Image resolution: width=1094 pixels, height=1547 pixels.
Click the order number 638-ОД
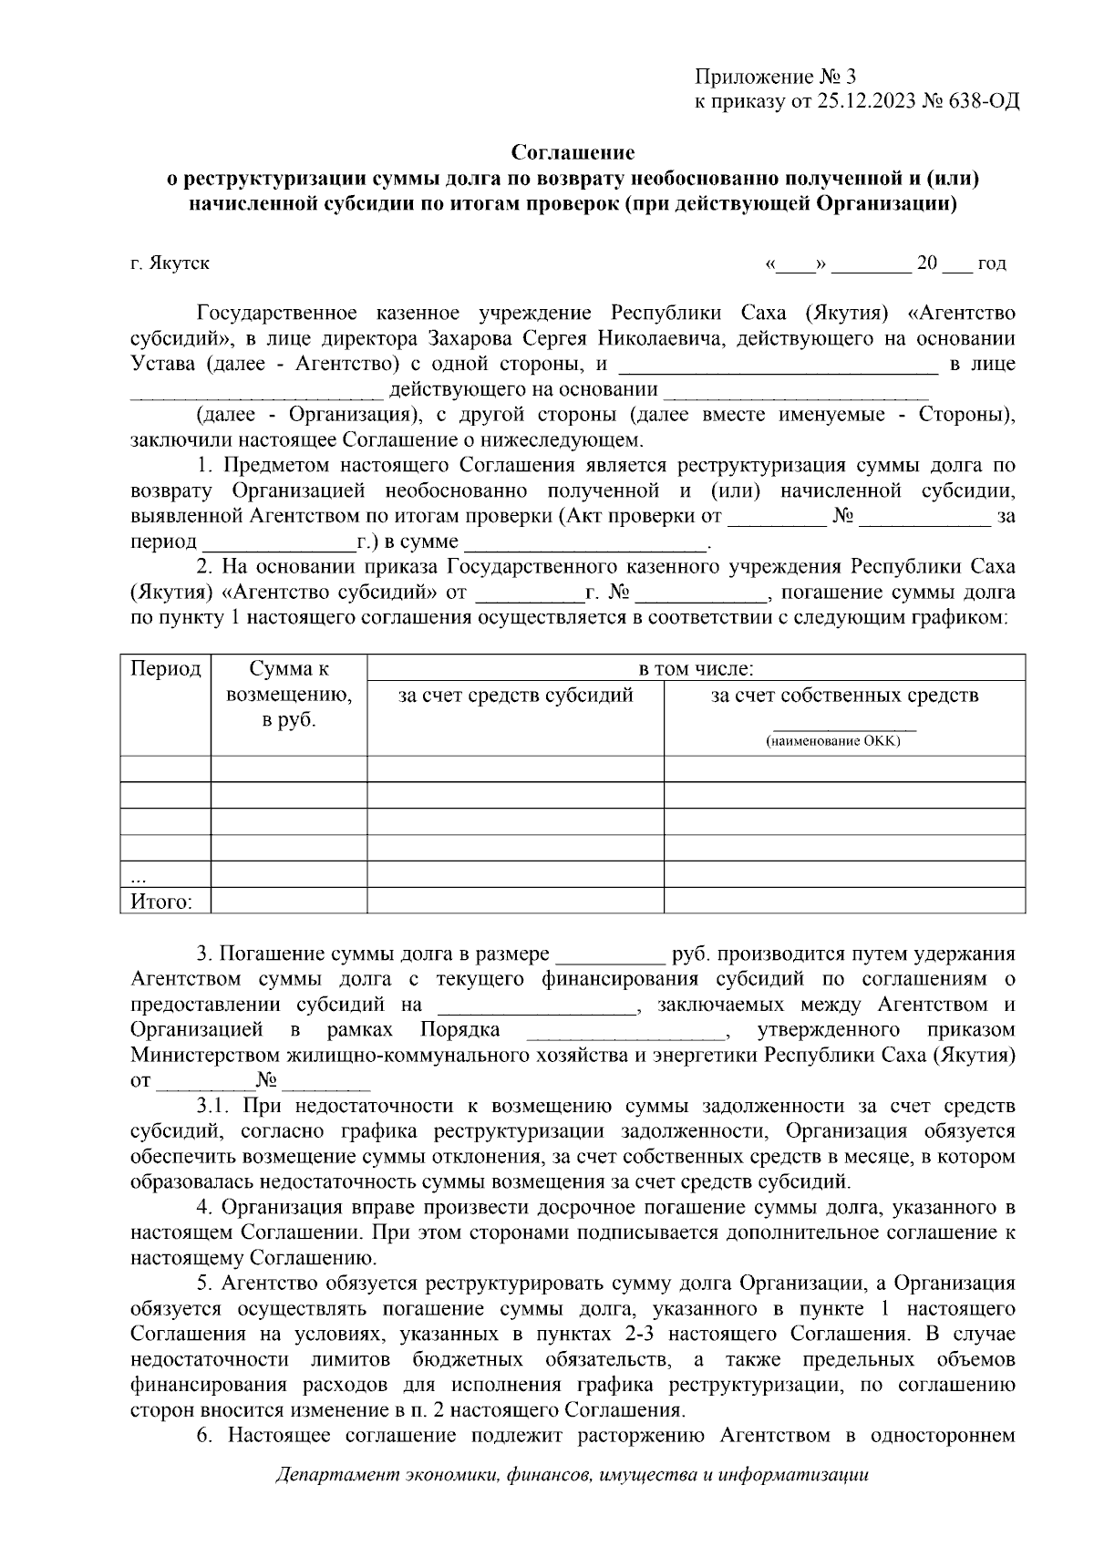pyautogui.click(x=983, y=101)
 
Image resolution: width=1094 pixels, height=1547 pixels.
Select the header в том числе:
pyautogui.click(x=696, y=669)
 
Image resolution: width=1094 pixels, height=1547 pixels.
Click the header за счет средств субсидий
pyautogui.click(x=515, y=696)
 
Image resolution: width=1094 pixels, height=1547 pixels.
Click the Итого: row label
pyautogui.click(x=161, y=902)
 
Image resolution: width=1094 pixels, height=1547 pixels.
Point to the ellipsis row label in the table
pyautogui.click(x=139, y=878)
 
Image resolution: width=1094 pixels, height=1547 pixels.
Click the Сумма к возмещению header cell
pyautogui.click(x=288, y=694)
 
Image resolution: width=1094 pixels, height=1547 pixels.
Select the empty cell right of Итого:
pyautogui.click(x=288, y=902)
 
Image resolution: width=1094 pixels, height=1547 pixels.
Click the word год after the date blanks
pyautogui.click(x=991, y=263)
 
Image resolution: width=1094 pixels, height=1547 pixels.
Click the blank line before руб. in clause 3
pyautogui.click(x=610, y=955)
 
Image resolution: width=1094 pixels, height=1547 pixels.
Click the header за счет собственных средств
pyautogui.click(x=844, y=696)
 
